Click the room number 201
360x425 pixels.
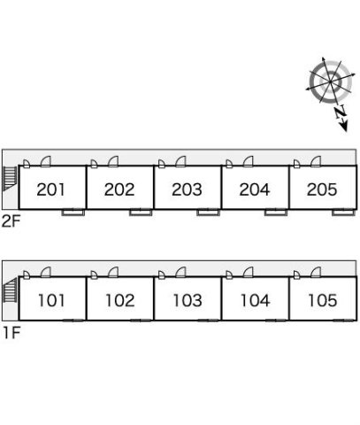pyautogui.click(x=50, y=189)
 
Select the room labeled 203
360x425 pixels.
pyautogui.click(x=187, y=189)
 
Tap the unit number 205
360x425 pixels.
pyautogui.click(x=322, y=189)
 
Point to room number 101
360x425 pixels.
pyautogui.click(x=51, y=300)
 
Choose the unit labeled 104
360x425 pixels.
pyautogui.click(x=256, y=300)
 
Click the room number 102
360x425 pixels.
pyautogui.click(x=120, y=300)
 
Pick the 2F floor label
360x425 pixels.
pyautogui.click(x=11, y=221)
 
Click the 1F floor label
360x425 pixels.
pyautogui.click(x=11, y=333)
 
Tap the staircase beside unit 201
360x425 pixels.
pyautogui.click(x=10, y=179)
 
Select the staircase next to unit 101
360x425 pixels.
pyautogui.click(x=10, y=290)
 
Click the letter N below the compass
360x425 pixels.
pyautogui.click(x=341, y=112)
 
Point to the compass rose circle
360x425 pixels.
pyautogui.click(x=331, y=81)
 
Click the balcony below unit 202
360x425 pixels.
pyautogui.click(x=141, y=212)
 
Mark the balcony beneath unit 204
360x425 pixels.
pyautogui.click(x=276, y=212)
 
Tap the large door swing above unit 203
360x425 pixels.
pyautogui.click(x=180, y=161)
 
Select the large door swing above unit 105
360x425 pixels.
pyautogui.click(x=316, y=273)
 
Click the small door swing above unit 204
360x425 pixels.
pyautogui.click(x=229, y=164)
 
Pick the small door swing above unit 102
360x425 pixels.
pyautogui.click(x=94, y=274)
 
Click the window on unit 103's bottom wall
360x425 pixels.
pyautogui.click(x=209, y=321)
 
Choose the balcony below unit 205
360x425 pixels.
pyautogui.click(x=343, y=212)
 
